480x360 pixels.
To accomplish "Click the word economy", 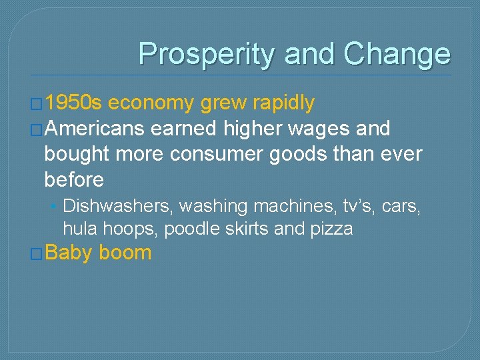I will [149, 103].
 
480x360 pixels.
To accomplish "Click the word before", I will [74, 179].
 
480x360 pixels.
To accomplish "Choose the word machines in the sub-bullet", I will [291, 207].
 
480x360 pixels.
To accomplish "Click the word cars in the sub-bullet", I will [402, 207].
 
